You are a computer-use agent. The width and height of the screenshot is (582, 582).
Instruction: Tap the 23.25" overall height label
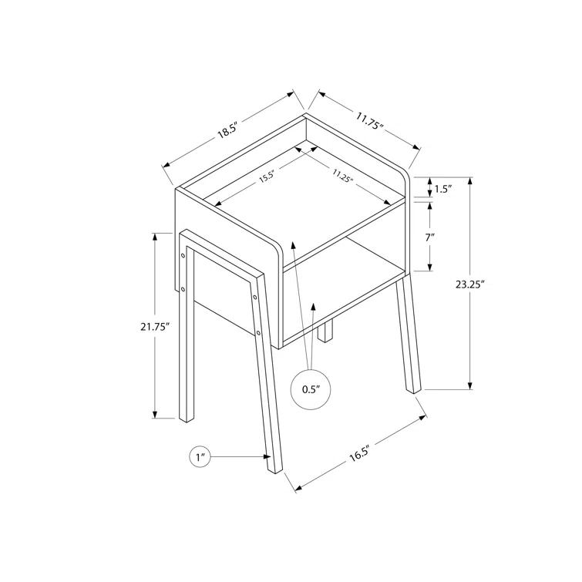[x=469, y=284]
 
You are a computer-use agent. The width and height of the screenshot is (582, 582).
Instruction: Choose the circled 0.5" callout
[x=310, y=390]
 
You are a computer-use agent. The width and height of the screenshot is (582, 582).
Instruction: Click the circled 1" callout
[x=200, y=458]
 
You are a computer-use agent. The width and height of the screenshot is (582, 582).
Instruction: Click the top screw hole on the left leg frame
[x=183, y=252]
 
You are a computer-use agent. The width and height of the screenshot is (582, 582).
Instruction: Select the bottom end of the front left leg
[x=275, y=466]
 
